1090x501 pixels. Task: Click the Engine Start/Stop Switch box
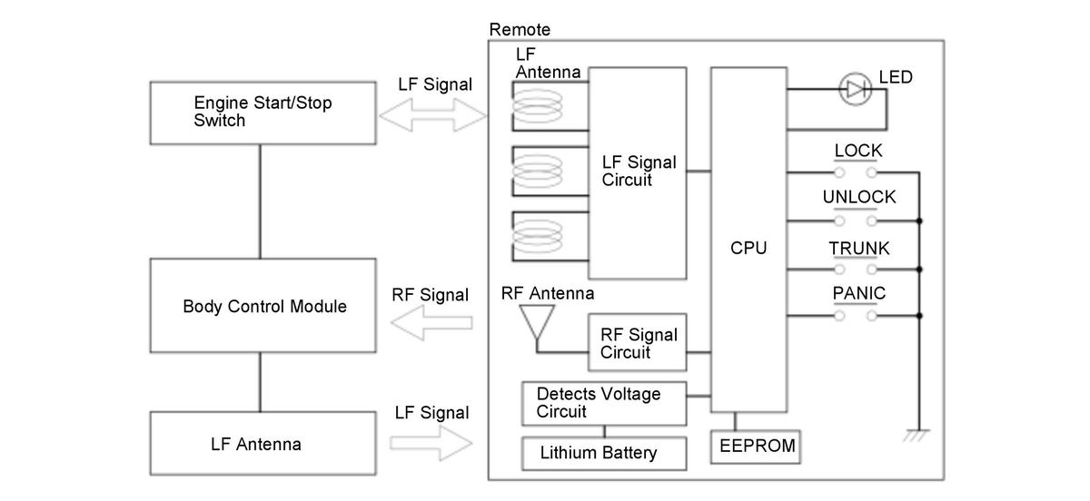tap(262, 112)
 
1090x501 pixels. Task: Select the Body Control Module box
tap(262, 306)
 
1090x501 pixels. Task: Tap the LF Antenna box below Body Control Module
tap(262, 444)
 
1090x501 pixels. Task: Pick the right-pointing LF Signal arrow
tap(433, 443)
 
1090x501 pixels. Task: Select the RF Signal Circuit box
tap(638, 342)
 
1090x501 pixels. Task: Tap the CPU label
tap(748, 247)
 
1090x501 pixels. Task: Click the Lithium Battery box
tap(604, 452)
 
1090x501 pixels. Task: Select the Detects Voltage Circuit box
tap(604, 403)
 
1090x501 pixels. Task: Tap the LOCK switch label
tap(857, 151)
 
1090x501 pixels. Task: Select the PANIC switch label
tap(858, 293)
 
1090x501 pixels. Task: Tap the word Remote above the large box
tap(520, 30)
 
